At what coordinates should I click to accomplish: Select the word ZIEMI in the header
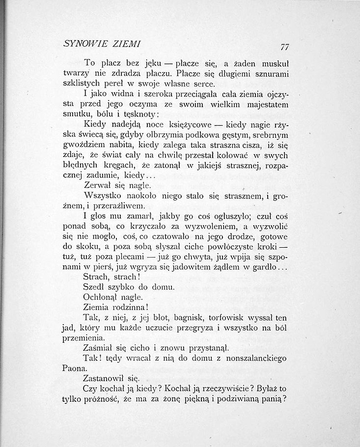tap(127, 44)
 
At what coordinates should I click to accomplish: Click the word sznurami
tap(270, 74)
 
